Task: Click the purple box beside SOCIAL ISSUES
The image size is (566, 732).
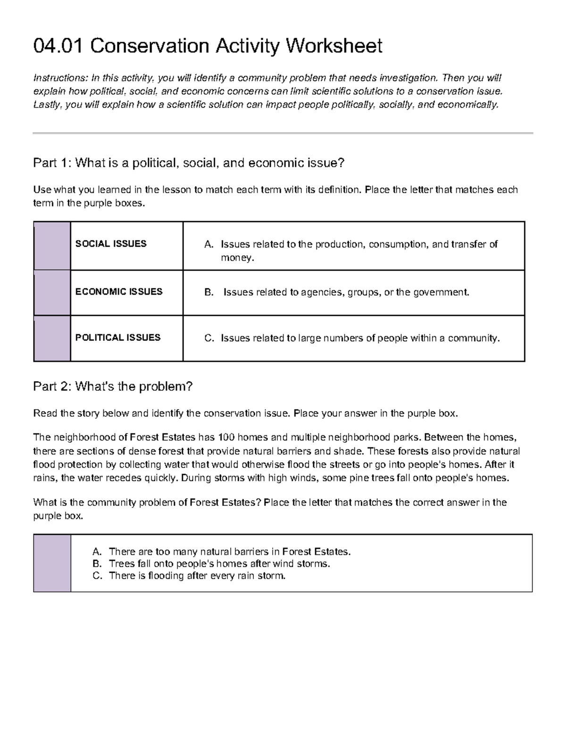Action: [x=52, y=246]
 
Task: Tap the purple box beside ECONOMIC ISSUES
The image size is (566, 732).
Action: [x=52, y=293]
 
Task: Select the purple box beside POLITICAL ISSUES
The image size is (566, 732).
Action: [x=52, y=338]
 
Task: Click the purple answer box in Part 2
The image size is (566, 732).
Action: [x=52, y=563]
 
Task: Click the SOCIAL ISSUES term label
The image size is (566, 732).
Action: [x=111, y=244]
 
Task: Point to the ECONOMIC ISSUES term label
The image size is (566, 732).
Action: [x=118, y=292]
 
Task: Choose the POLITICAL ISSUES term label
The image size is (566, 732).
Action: [x=117, y=337]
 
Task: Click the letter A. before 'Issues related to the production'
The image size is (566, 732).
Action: [x=208, y=245]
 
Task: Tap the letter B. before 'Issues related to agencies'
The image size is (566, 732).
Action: [x=208, y=293]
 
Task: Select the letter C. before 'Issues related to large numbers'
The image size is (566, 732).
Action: [x=208, y=338]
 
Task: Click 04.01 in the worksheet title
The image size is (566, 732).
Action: [x=58, y=46]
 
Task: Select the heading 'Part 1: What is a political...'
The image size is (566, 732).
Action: [x=189, y=163]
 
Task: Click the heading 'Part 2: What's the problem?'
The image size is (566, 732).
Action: [x=113, y=387]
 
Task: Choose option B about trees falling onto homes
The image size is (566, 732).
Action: [x=219, y=564]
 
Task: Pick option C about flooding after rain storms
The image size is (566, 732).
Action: [x=197, y=576]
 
